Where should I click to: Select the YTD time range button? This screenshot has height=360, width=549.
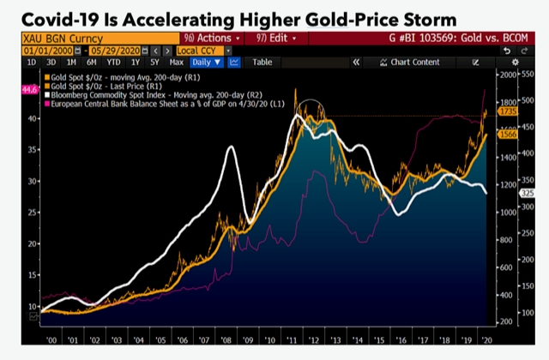click(112, 63)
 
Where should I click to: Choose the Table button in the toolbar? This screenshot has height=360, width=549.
click(262, 63)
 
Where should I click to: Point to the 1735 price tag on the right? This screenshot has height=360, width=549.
click(506, 112)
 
